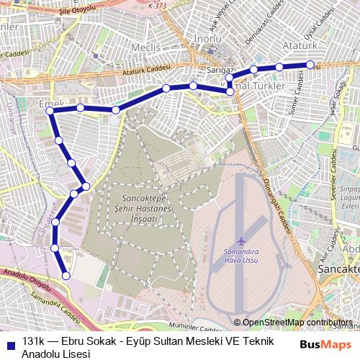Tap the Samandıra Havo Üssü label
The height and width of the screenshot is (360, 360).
coord(240,257)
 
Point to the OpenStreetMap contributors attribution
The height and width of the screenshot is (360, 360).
coord(297,323)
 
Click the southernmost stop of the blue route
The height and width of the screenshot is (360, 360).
coord(66,274)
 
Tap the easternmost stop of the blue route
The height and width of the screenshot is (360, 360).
coord(309,65)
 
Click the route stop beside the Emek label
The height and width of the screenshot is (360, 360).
coord(51,112)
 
